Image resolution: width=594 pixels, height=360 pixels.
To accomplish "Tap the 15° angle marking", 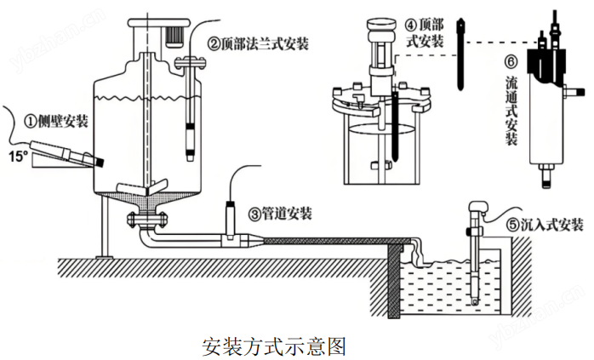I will (x=17, y=157).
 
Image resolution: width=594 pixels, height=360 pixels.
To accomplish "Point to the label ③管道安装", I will (x=280, y=212).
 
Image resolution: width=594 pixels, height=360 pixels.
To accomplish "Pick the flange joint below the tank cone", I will (x=146, y=222).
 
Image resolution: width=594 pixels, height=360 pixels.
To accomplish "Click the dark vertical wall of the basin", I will (x=394, y=281).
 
